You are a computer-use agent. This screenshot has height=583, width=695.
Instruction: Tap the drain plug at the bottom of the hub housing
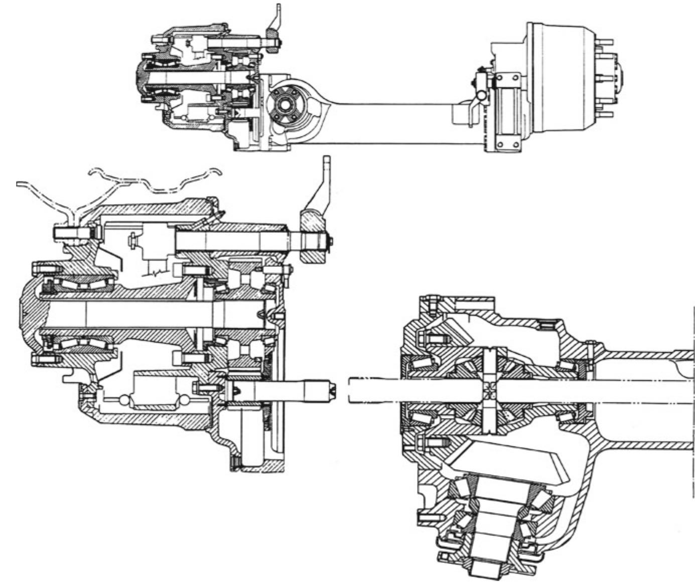tap(234, 461)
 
